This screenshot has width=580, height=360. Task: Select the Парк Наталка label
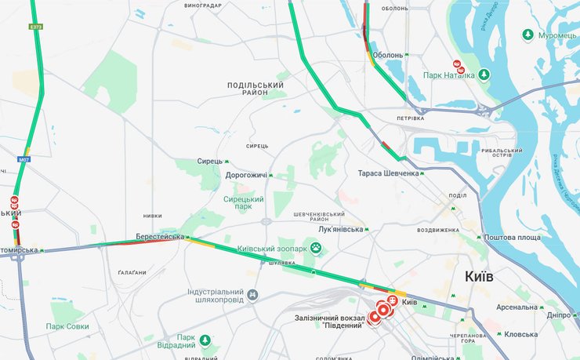click(448, 75)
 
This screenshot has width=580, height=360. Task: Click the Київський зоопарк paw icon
click(317, 249)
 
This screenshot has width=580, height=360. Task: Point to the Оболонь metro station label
click(388, 55)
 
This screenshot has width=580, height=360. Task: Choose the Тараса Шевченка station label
click(388, 173)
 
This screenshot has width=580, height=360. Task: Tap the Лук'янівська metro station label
click(341, 229)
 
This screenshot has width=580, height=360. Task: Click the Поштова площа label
click(513, 237)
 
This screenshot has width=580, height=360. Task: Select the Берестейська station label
click(159, 236)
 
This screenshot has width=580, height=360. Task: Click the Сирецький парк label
click(244, 204)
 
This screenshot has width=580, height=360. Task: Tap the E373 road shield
click(35, 27)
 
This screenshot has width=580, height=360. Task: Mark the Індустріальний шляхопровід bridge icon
click(252, 295)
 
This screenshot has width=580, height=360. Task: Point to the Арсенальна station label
click(517, 307)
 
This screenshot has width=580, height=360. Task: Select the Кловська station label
click(521, 333)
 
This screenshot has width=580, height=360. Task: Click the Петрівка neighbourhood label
click(410, 118)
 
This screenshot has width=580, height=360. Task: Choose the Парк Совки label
click(67, 326)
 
